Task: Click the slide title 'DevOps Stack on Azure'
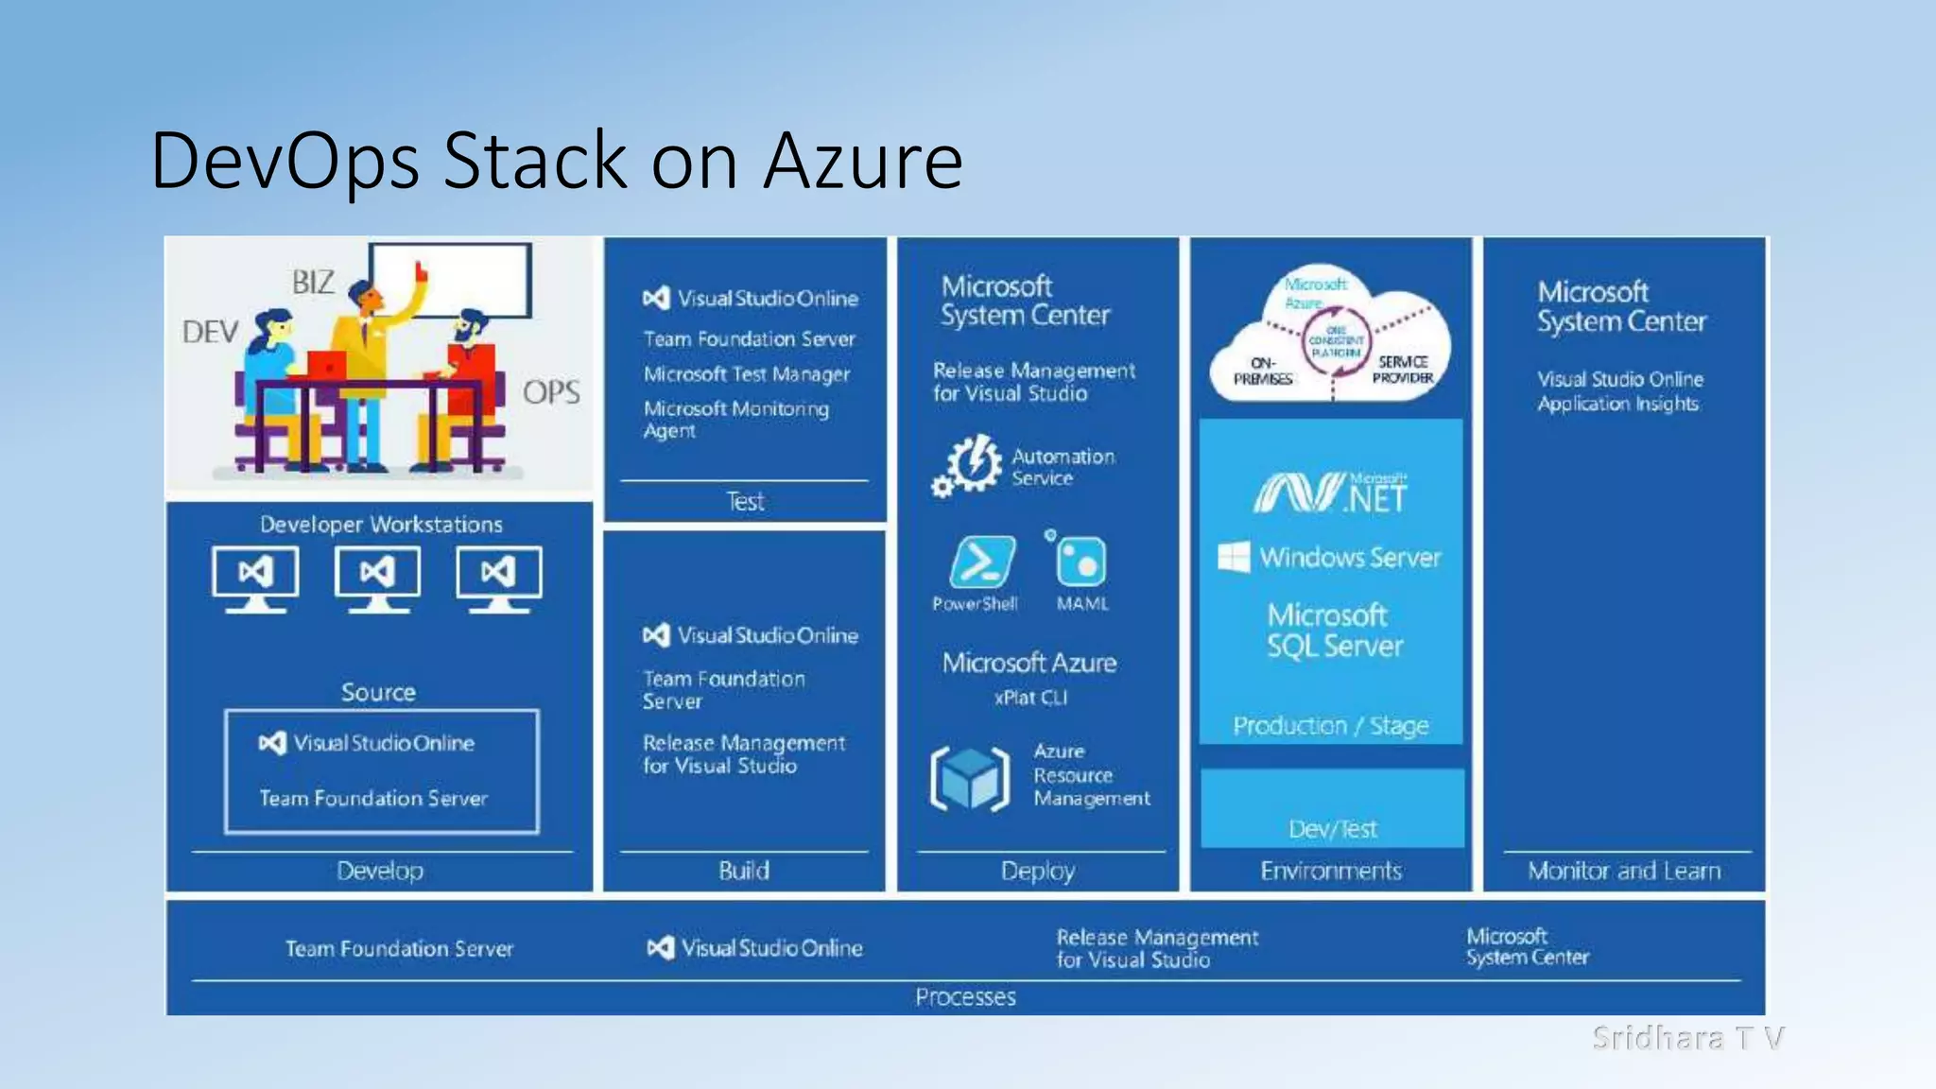point(556,161)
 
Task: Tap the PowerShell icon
point(982,562)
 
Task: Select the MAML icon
point(1080,562)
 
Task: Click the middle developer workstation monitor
point(377,576)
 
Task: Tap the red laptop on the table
point(327,365)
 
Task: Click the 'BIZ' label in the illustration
point(313,283)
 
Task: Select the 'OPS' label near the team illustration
point(551,392)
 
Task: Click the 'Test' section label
point(745,502)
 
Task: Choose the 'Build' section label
point(744,871)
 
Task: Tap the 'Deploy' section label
point(1038,871)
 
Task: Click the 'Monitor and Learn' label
point(1624,871)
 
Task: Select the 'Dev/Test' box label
point(1333,829)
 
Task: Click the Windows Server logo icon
point(1234,557)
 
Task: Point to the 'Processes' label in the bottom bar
point(965,997)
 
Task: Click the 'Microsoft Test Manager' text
point(747,374)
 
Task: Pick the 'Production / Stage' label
point(1331,726)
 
